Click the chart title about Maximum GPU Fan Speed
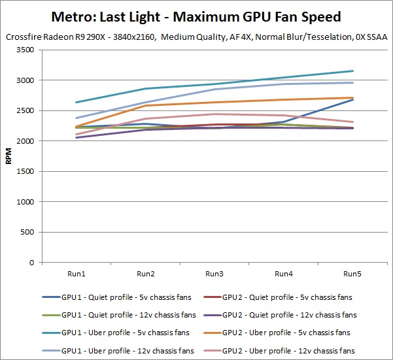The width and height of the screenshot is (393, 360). pos(196,15)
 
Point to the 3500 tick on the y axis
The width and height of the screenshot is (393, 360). pos(27,50)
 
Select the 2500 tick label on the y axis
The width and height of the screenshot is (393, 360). pos(27,110)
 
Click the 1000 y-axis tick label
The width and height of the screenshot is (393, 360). pos(27,202)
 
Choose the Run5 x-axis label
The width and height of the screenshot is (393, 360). pos(352,273)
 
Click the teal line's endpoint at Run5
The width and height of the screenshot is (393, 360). pos(353,71)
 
